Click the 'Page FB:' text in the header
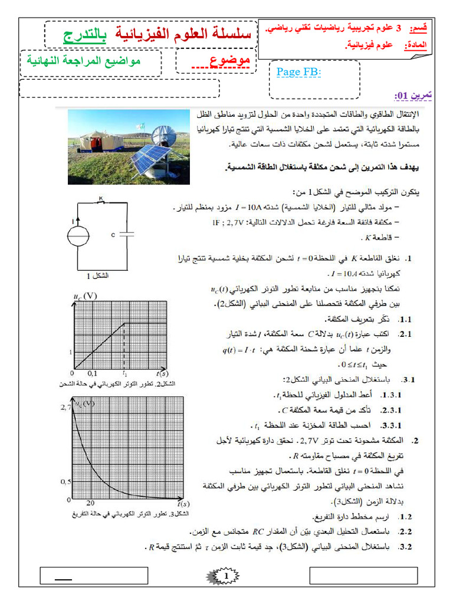tap(298, 73)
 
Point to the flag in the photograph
tap(140, 126)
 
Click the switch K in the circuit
tap(101, 202)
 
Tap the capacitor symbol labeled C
tap(126, 234)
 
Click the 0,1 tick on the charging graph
tap(93, 373)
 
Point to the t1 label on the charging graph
tap(124, 373)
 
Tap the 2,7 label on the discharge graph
tap(65, 407)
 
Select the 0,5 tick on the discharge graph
tap(65, 482)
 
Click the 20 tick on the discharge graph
tap(90, 503)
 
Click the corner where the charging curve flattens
tap(124, 323)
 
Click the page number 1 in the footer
tap(226, 575)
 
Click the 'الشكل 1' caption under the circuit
tap(97, 275)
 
